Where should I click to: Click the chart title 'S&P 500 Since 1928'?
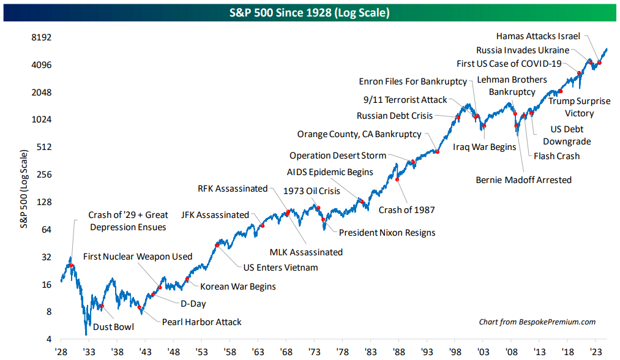(310, 12)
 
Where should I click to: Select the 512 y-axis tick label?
(42, 147)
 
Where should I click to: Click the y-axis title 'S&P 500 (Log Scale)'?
(24, 189)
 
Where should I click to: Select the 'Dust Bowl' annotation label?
(113, 327)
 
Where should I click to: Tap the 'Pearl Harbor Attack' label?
(201, 322)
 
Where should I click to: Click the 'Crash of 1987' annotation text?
(406, 210)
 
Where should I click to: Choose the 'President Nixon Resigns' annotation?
(387, 233)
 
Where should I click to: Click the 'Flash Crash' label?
(556, 156)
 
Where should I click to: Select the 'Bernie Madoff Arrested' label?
(523, 180)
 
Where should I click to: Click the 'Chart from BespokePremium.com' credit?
(537, 322)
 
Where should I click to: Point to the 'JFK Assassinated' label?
(215, 215)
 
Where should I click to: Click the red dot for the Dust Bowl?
(102, 306)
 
